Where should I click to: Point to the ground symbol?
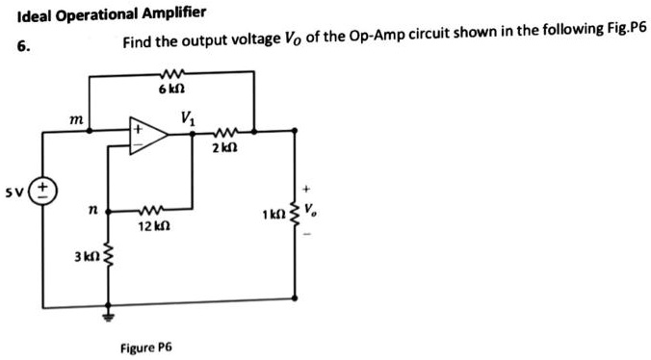pyautogui.click(x=108, y=312)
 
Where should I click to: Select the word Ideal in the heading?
pyautogui.click(x=35, y=14)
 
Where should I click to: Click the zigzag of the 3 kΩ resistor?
pyautogui.click(x=108, y=256)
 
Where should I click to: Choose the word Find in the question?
pyautogui.click(x=137, y=44)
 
